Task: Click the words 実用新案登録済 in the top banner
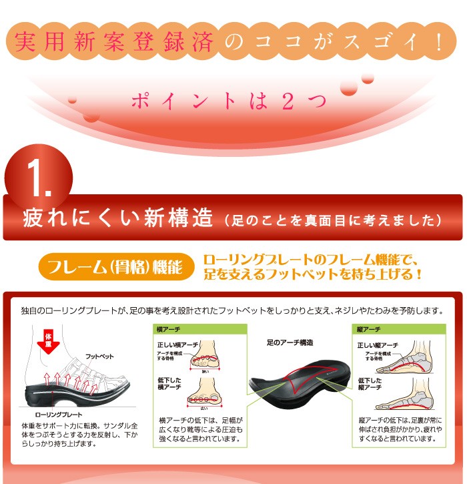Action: pyautogui.click(x=115, y=42)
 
